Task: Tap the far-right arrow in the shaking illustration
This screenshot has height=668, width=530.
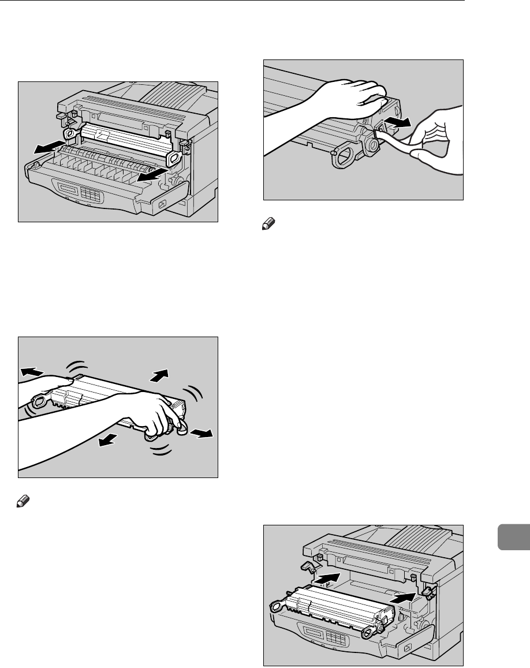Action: point(201,434)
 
